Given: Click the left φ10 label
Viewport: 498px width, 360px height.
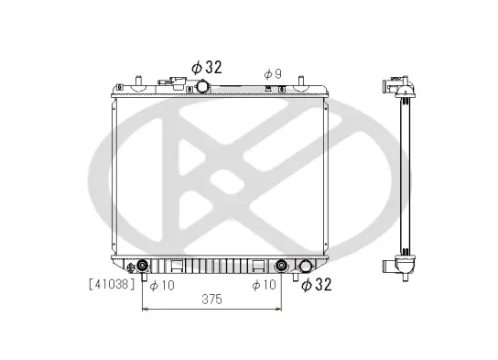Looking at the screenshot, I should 162,285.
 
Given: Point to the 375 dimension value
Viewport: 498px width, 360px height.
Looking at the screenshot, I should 212,298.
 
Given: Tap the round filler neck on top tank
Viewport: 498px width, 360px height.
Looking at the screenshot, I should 201,86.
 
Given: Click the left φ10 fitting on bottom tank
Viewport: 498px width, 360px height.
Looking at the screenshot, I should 143,267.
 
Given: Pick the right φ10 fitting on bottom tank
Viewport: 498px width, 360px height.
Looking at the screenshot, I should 283,267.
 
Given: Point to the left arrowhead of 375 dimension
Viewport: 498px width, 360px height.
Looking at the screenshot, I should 145,310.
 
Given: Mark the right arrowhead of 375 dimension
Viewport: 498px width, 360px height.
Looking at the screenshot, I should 281,310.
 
